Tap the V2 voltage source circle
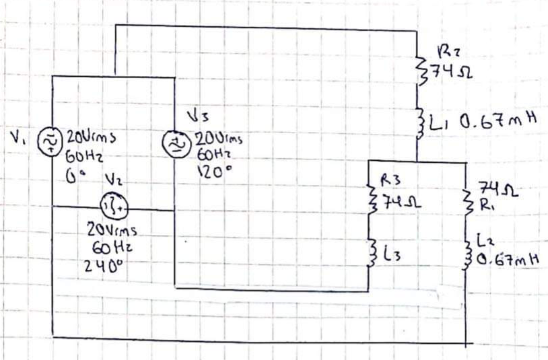(110, 205)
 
